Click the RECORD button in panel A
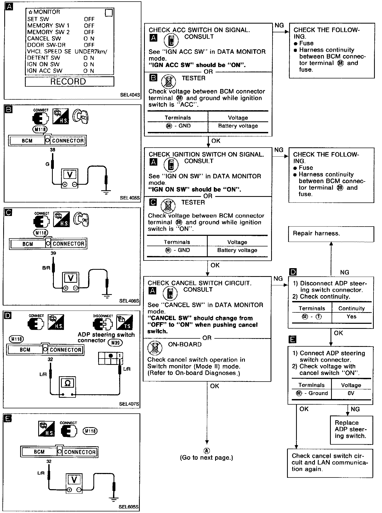tap(70, 81)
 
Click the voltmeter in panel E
tap(74, 480)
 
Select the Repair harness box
tap(331, 234)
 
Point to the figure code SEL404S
tap(130, 95)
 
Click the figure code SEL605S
tap(129, 507)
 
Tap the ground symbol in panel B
tap(106, 193)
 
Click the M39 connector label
tap(115, 343)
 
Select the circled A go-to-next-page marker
tap(206, 451)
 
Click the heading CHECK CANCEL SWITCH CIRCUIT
tap(199, 283)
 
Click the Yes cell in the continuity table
tap(351, 317)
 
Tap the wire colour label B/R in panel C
tap(46, 268)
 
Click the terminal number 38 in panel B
tap(53, 150)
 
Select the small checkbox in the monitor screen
tap(109, 13)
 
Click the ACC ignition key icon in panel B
tap(81, 116)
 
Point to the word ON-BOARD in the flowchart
tap(185, 344)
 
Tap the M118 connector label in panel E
tap(90, 431)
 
